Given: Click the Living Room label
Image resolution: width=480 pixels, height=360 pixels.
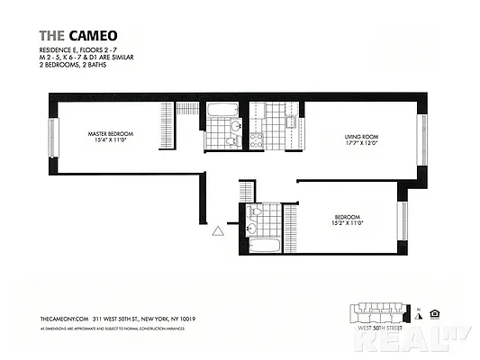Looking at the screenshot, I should [362, 137].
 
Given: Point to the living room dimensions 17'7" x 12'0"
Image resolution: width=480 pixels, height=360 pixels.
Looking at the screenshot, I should [362, 144].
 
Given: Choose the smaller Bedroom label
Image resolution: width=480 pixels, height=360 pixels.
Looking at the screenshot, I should [347, 217].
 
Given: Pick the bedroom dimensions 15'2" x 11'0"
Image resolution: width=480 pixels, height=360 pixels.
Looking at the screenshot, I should [347, 224].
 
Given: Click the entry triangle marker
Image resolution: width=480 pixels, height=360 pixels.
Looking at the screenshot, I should [217, 231].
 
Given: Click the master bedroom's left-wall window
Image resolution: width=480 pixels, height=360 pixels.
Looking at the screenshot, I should [53, 138].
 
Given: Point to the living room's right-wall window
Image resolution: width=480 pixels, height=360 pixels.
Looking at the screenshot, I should [420, 139].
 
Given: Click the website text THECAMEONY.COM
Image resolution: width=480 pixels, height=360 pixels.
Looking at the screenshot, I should [64, 318].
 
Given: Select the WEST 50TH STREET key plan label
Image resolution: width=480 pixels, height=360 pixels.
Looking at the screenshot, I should [381, 329].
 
